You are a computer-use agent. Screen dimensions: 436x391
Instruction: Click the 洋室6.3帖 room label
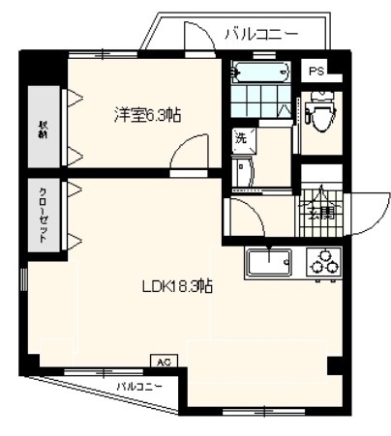(149, 115)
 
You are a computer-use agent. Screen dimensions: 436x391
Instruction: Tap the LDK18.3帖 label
(178, 286)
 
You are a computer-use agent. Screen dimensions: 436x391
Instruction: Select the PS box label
(316, 72)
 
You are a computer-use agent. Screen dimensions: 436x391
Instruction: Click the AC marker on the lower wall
(164, 362)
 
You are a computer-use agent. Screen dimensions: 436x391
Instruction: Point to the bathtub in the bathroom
(261, 73)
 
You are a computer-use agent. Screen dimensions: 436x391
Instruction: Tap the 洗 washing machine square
(240, 138)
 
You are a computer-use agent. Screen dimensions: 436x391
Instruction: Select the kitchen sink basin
(270, 262)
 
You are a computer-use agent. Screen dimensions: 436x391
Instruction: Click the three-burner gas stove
(322, 262)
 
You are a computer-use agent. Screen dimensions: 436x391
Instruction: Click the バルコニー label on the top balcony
(260, 35)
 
